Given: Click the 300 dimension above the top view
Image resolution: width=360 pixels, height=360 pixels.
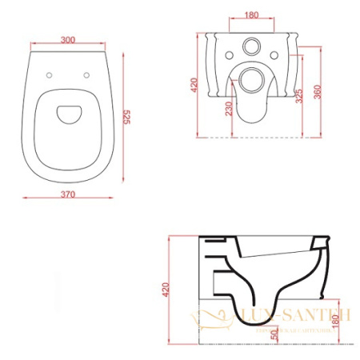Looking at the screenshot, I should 68,38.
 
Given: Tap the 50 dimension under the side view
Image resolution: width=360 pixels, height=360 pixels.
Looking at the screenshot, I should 274,334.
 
